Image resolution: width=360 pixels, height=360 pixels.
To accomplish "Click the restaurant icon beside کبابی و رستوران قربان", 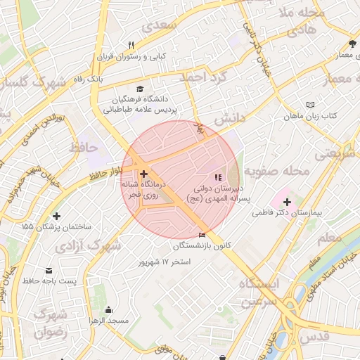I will [131, 46].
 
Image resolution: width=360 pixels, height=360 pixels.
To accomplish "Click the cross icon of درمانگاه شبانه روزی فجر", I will [143, 174].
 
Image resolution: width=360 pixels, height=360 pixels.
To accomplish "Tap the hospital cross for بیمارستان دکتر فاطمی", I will [287, 202].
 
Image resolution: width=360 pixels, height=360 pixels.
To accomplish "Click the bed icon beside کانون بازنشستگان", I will [203, 235].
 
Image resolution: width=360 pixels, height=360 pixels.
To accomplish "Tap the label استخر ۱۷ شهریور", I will [166, 262].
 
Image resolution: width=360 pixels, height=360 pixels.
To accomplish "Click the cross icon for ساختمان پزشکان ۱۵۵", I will [57, 216].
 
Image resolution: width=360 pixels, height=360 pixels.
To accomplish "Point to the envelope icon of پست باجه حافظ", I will [49, 271].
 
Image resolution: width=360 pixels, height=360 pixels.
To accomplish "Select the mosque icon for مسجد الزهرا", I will [108, 309].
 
